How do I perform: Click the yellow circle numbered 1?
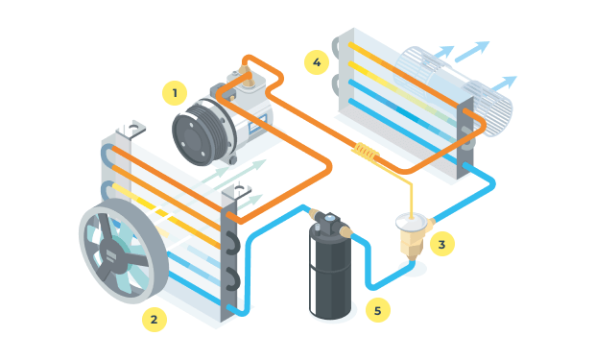(x=175, y=93)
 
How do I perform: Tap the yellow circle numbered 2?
(x=155, y=320)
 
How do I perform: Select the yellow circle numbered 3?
(x=442, y=244)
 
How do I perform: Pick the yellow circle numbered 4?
(x=317, y=62)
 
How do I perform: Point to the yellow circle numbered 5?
(x=377, y=310)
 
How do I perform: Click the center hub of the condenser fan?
(x=111, y=255)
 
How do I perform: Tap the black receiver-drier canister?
(x=330, y=271)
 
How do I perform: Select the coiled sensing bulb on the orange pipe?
(x=366, y=152)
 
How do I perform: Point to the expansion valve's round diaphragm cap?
(x=411, y=222)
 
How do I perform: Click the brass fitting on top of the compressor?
(x=244, y=71)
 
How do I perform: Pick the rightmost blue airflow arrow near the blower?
(x=505, y=84)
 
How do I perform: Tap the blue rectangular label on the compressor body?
(x=257, y=124)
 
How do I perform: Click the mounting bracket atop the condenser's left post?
(x=131, y=129)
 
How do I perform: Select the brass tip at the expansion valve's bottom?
(x=412, y=257)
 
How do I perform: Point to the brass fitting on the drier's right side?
(x=346, y=231)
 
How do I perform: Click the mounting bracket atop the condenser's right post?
(x=237, y=191)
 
